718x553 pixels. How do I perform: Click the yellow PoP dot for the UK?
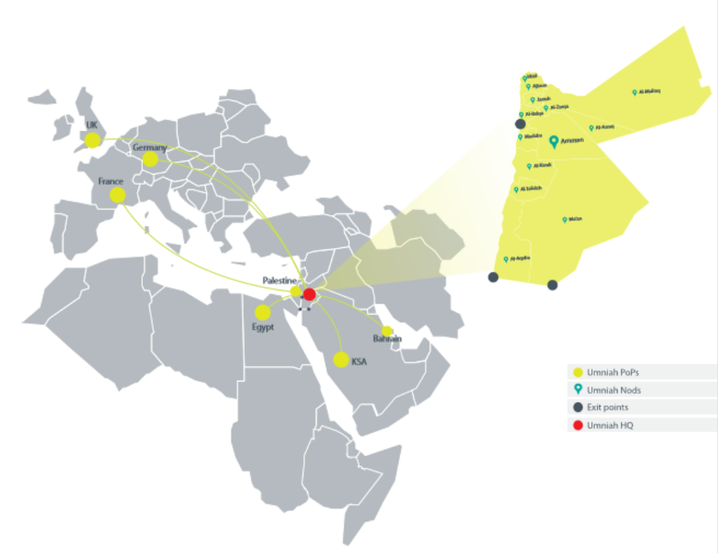92,140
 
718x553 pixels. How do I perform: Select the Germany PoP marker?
150,159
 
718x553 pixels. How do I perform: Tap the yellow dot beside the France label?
117,195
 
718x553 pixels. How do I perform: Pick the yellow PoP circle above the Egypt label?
263,312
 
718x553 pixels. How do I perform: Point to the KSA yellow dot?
341,359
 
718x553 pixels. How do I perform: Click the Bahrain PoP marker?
387,331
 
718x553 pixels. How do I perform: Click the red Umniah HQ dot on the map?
309,294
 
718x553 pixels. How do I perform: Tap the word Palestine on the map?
279,281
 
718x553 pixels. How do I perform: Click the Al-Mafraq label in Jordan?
650,92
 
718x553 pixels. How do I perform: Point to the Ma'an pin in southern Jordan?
564,219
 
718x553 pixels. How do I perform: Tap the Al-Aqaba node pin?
506,259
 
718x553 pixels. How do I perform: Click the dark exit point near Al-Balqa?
520,125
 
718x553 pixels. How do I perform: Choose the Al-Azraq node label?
604,127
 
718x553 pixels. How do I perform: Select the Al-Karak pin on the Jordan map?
529,166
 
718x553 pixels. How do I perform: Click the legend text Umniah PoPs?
608,373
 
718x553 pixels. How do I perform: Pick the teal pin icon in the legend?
578,389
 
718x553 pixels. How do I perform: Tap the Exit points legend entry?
607,407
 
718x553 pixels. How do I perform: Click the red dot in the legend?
578,425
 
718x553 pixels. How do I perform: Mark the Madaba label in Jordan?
533,136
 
